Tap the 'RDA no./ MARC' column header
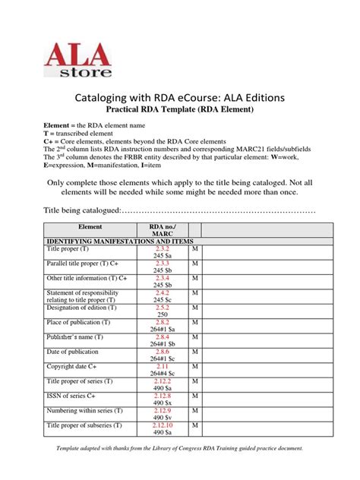pos(163,230)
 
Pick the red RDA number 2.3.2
pos(163,248)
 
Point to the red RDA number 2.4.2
pos(163,292)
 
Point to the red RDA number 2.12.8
pos(163,394)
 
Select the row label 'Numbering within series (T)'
pos(87,409)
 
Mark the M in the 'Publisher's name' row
pos(195,336)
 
